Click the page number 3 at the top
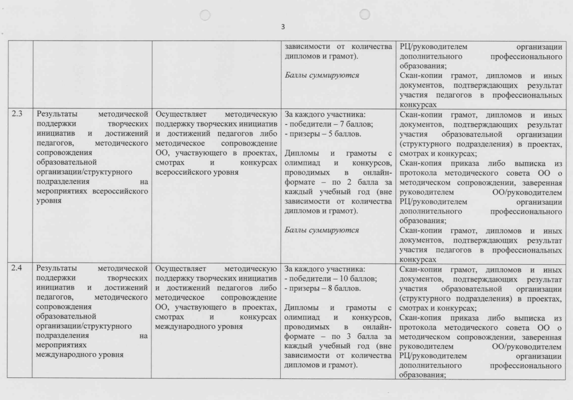click(283, 26)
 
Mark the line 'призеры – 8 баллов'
click(318, 289)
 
